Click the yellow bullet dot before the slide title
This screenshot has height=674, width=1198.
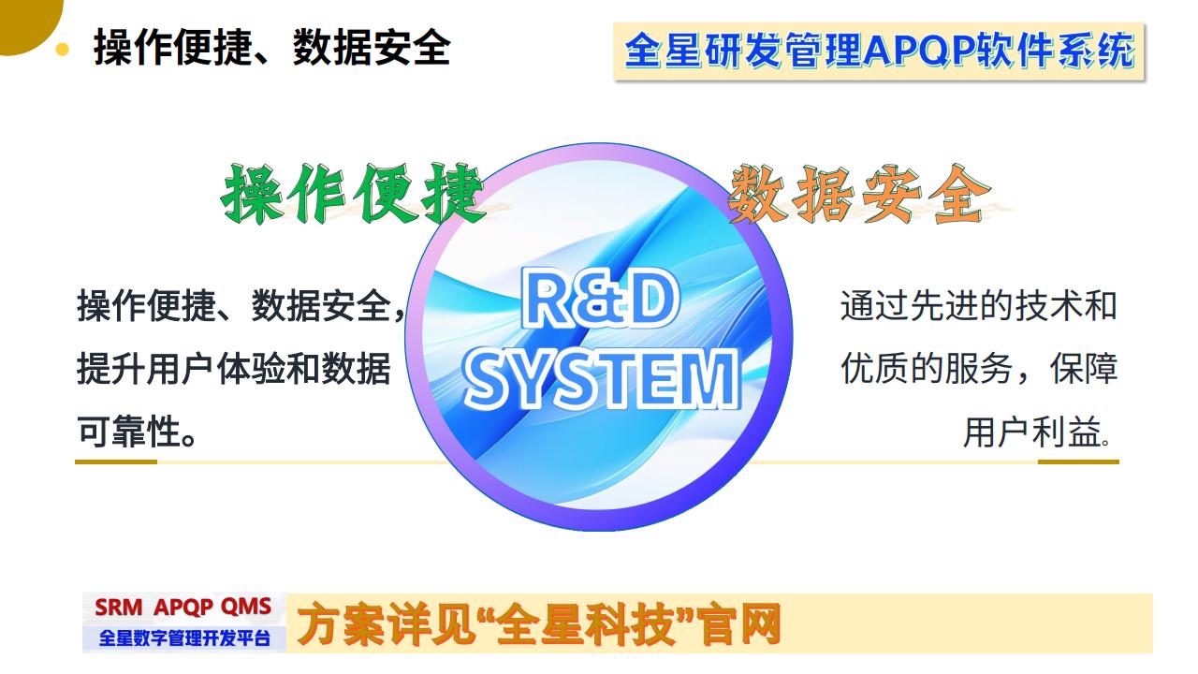63,49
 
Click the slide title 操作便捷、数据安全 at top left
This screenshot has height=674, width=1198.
271,48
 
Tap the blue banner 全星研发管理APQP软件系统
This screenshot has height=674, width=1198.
879,51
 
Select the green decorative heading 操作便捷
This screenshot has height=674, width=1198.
354,194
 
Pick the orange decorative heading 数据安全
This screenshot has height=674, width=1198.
858,194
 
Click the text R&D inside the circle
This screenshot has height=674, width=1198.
599,302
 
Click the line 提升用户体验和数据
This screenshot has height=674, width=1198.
234,369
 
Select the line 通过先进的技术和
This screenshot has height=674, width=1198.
978,306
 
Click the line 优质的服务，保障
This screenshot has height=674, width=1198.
978,369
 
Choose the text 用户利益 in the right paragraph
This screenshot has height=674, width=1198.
1030,432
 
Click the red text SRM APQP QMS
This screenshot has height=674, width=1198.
183,607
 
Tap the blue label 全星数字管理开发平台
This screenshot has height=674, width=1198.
184,638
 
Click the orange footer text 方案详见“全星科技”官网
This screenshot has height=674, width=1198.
538,624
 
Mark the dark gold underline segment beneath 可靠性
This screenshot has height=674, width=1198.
116,462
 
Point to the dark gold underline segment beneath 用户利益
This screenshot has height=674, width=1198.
1078,462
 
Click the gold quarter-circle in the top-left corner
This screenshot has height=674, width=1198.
23,19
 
